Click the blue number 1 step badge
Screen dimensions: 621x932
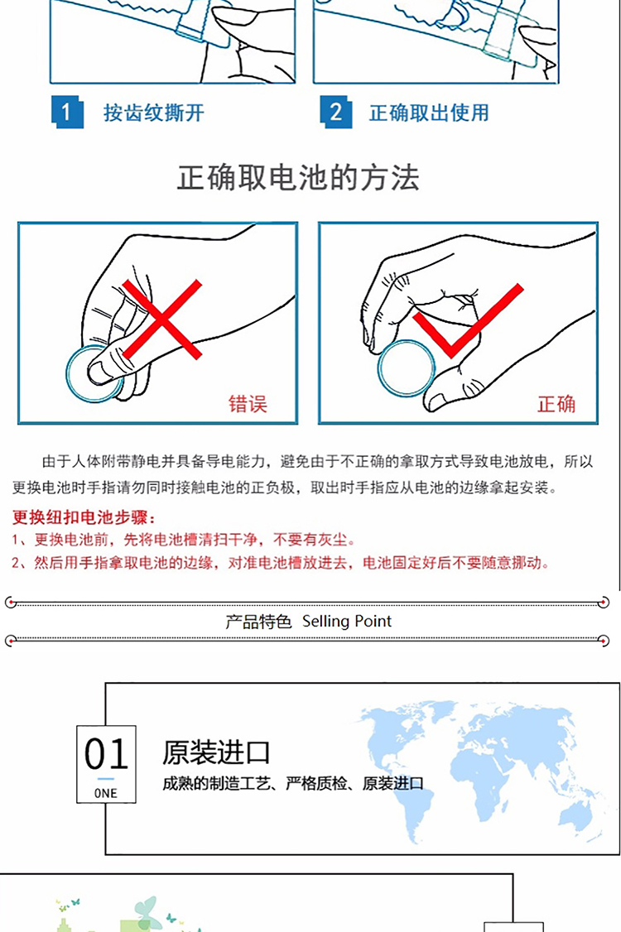click(66, 113)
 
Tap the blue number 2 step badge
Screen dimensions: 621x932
click(336, 113)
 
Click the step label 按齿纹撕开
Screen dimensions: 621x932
click(153, 113)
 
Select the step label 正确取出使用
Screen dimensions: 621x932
click(429, 113)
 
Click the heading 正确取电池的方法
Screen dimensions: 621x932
click(298, 177)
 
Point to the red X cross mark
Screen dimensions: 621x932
click(161, 319)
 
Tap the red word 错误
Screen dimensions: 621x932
click(248, 404)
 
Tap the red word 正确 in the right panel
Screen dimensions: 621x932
click(556, 404)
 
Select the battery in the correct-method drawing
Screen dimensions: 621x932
click(407, 368)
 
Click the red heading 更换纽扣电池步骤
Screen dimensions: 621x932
click(84, 517)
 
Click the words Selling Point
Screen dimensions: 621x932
click(347, 621)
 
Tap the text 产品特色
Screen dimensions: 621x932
click(258, 622)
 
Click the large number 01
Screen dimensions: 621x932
click(106, 754)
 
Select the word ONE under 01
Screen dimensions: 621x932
click(106, 794)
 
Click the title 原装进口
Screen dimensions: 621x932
click(216, 752)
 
